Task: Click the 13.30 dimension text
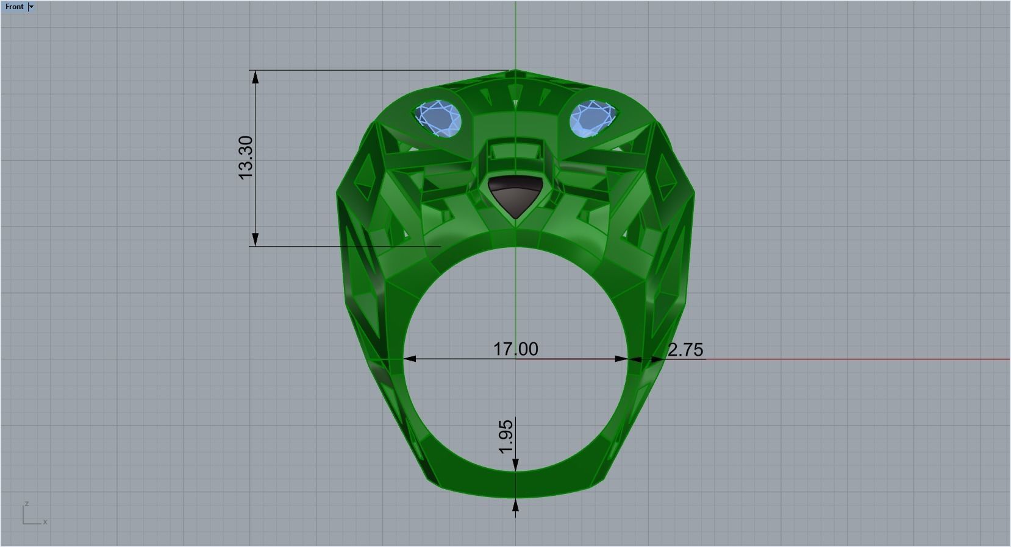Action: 245,158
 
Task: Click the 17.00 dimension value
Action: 515,349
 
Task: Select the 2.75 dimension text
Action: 685,350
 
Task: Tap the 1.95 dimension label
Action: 506,437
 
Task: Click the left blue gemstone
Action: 438,118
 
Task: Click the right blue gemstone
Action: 592,118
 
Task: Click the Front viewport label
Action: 14,7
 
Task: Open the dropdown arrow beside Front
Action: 31,7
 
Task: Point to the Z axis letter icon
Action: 26,504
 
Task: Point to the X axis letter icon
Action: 45,521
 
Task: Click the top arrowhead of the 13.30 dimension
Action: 255,77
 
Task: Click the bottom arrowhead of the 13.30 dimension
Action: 255,239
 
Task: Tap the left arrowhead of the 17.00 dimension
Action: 410,359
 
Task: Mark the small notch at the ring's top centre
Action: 515,74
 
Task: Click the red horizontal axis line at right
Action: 854,359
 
